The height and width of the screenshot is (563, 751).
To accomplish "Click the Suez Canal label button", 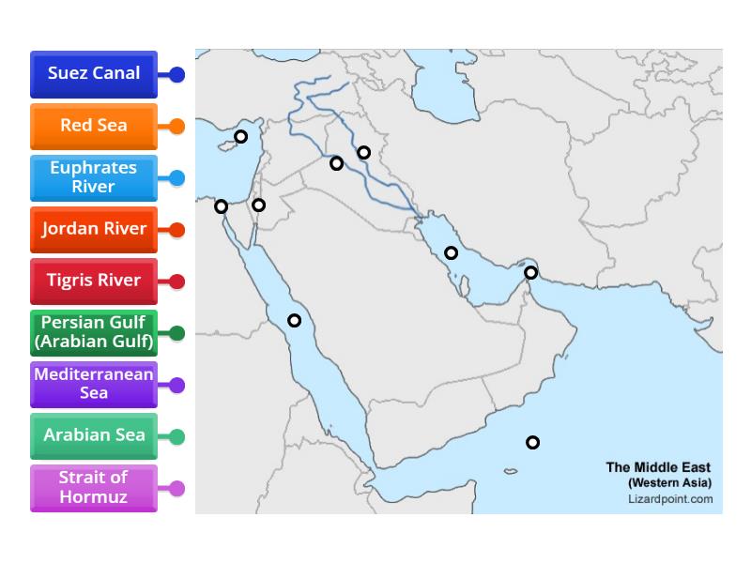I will click(94, 73).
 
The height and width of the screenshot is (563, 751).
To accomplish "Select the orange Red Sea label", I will click(94, 126).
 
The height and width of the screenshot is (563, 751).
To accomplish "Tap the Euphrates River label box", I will click(94, 177).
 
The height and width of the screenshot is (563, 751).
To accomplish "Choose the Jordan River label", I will click(94, 229).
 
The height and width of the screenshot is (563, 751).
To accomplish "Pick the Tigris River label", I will click(94, 281).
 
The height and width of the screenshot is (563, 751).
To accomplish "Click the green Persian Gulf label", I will click(94, 332).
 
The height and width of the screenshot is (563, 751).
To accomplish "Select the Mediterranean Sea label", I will click(94, 384).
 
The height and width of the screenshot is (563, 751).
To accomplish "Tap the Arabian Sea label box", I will click(94, 435).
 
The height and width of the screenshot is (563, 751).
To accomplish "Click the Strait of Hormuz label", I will click(94, 487).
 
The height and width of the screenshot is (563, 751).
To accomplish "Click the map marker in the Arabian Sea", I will click(532, 442).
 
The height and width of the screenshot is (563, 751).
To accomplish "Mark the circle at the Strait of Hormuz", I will click(530, 273).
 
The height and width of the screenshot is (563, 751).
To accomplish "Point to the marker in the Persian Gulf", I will click(451, 252).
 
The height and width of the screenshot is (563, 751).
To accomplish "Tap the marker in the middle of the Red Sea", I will click(294, 320).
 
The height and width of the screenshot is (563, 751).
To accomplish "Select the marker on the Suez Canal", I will click(221, 206).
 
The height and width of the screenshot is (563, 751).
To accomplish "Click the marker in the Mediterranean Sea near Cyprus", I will click(240, 136).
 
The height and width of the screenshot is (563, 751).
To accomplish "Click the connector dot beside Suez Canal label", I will click(176, 74).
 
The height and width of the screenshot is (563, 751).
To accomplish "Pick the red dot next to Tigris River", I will click(176, 281).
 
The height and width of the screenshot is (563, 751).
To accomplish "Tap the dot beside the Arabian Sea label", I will click(176, 436).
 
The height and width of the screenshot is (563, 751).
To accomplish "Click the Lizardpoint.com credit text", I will click(669, 498).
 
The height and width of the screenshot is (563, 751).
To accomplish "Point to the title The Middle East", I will click(658, 467).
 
